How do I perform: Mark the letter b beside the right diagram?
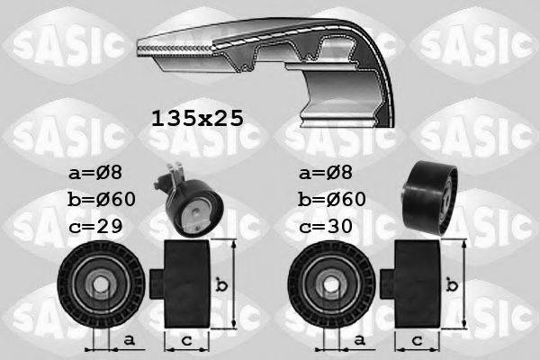[453, 286]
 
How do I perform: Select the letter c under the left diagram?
[186, 339]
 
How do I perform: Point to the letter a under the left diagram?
[130, 339]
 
